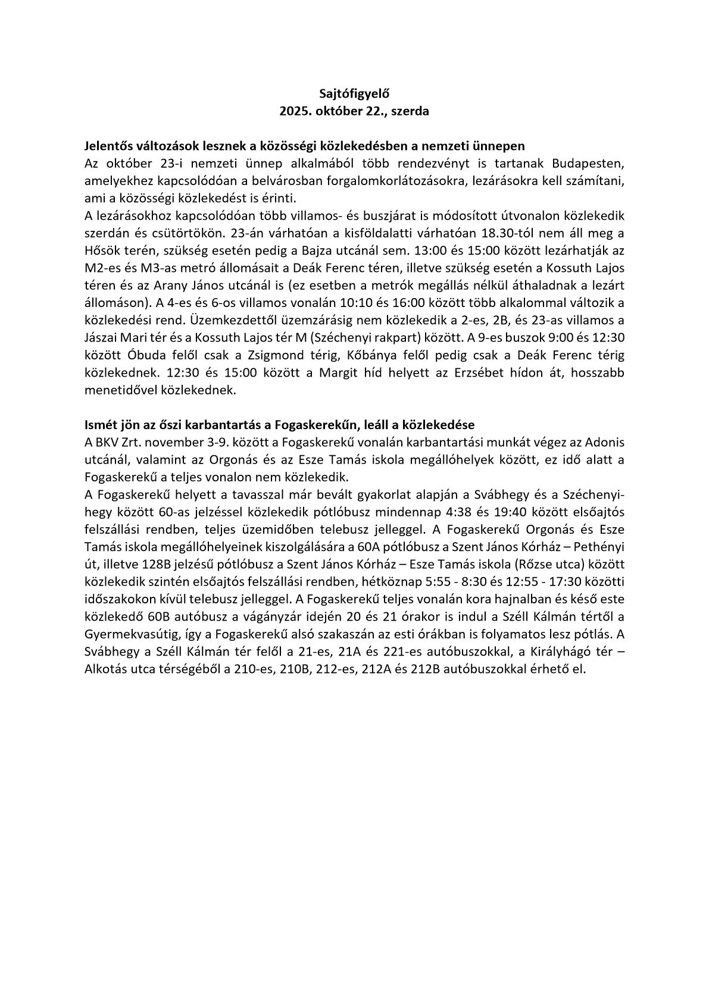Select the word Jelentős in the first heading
coord(108,146)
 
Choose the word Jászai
coord(105,338)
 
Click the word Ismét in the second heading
coord(101,425)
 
